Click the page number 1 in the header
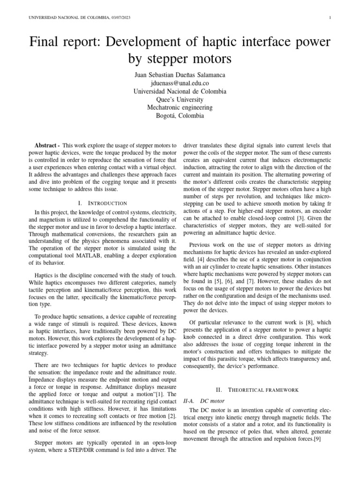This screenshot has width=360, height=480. pos(330,18)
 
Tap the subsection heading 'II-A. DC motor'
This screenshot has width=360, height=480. pos(206,401)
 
